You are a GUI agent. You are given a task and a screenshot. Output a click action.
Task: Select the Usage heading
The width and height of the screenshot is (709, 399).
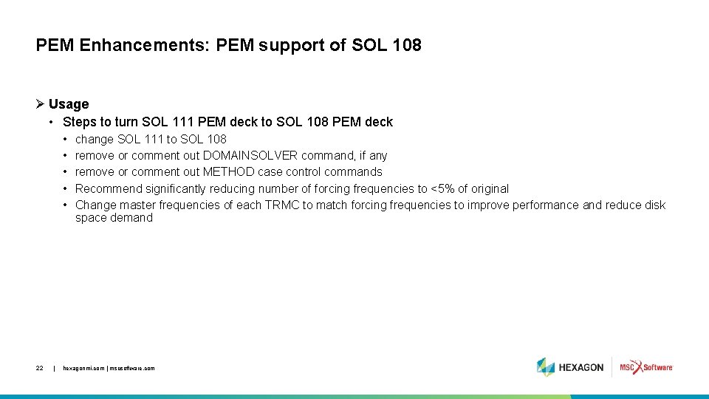(69, 104)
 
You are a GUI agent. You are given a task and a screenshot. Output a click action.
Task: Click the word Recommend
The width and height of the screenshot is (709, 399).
(109, 188)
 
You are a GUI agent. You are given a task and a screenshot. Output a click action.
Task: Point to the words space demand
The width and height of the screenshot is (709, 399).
(114, 218)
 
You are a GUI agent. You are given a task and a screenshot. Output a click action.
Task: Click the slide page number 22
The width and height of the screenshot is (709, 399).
(39, 368)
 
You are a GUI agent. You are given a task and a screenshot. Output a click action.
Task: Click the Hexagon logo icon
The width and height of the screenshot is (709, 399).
(546, 367)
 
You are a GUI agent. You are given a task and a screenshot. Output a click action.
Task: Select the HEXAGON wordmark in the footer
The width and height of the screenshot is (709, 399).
(581, 367)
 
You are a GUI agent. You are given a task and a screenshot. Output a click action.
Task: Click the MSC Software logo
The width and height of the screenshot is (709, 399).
(646, 367)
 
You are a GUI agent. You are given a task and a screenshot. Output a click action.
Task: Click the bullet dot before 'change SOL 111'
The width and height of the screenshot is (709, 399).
(66, 139)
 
